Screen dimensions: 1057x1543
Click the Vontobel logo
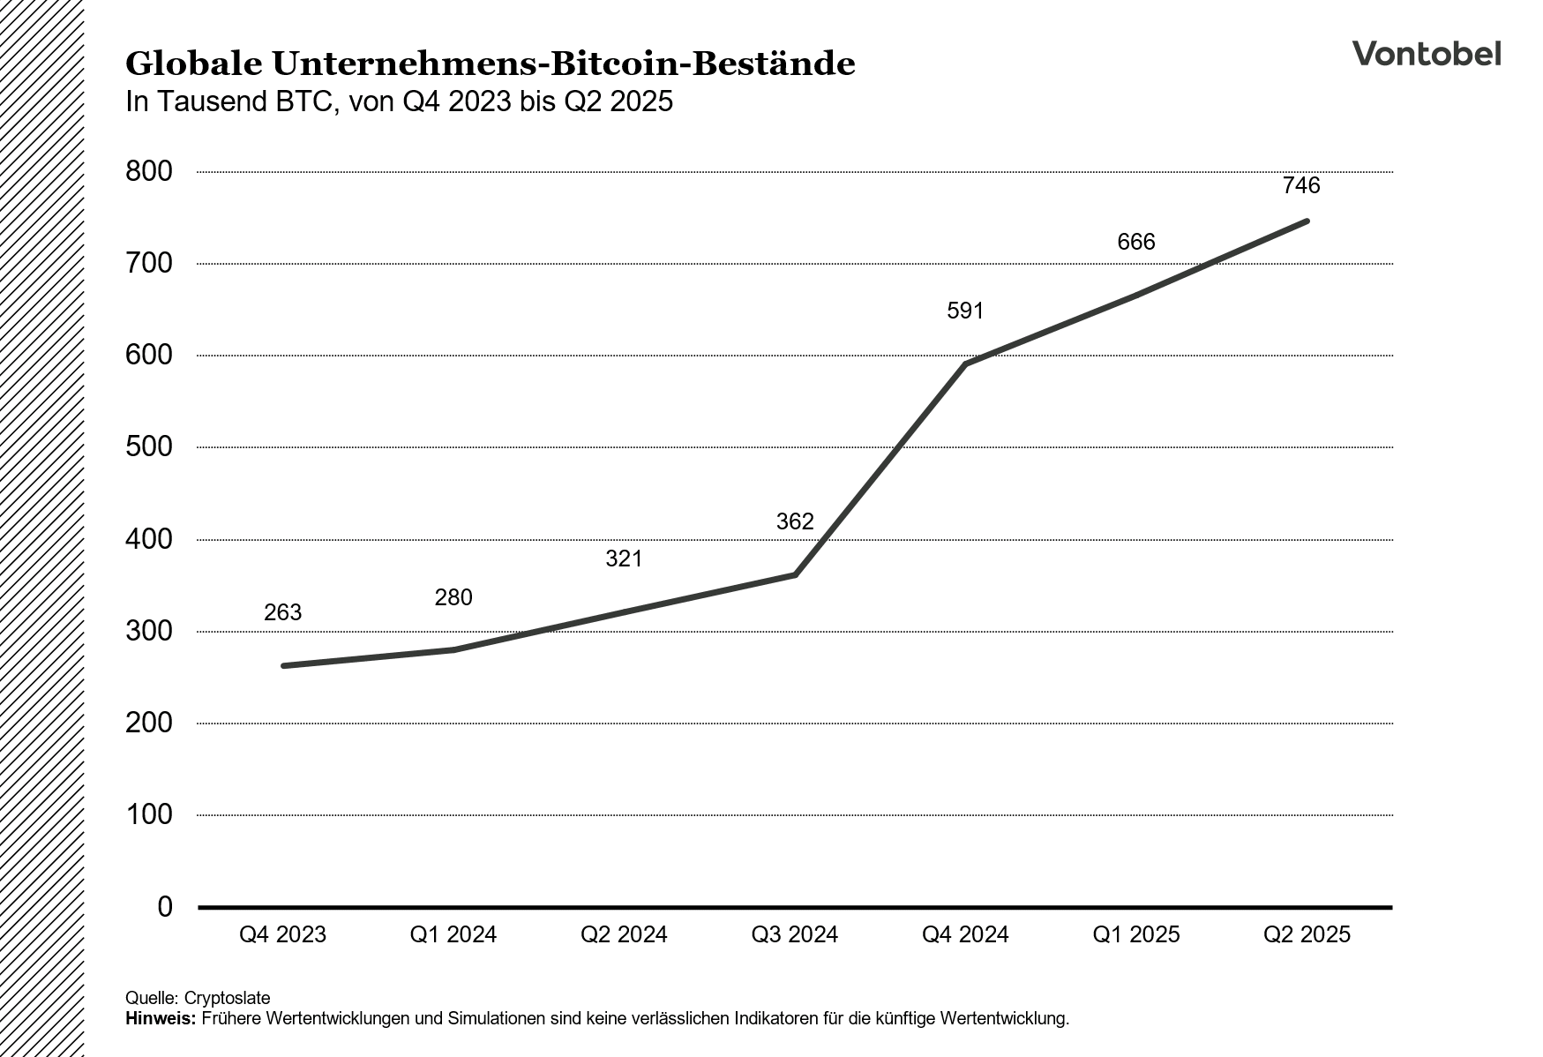pos(1427,54)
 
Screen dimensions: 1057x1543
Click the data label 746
pos(1301,185)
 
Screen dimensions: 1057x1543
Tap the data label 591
pos(965,311)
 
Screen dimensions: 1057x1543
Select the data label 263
pos(282,612)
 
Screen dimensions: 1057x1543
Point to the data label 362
pos(794,521)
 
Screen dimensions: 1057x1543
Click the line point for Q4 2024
pos(966,364)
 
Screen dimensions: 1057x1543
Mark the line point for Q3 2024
pos(795,574)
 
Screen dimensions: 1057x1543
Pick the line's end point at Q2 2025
pos(1307,221)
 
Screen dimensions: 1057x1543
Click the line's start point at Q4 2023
pos(283,665)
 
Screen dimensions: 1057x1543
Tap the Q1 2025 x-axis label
pos(1135,934)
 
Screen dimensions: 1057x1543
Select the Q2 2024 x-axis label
pos(624,934)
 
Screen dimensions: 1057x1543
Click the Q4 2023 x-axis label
pos(282,934)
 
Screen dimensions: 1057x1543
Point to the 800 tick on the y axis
pos(149,171)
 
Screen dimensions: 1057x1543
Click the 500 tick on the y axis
pos(149,446)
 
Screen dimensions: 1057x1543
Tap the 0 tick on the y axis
pos(164,906)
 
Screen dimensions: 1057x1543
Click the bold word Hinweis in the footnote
pos(161,1019)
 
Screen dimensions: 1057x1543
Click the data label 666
pos(1135,242)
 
